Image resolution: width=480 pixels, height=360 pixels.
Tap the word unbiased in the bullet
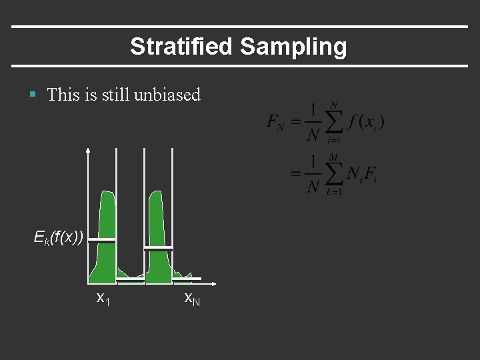click(x=167, y=95)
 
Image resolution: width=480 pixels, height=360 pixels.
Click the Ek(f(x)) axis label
click(x=59, y=237)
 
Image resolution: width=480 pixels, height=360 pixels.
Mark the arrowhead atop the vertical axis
click(x=89, y=151)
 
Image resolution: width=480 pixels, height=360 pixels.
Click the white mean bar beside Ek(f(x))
click(x=102, y=239)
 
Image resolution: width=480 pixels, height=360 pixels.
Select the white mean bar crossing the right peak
click(x=159, y=248)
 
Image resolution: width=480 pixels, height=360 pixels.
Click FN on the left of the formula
click(x=275, y=122)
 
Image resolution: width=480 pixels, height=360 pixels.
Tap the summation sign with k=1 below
click(x=333, y=175)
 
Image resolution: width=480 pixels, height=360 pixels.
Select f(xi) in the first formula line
click(x=366, y=123)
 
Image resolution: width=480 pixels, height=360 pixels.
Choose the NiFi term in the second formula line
click(x=364, y=175)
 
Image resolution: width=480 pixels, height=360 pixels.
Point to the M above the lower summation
click(x=334, y=157)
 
